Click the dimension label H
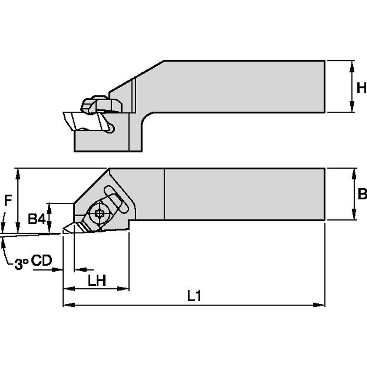click(361, 88)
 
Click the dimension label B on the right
click(362, 194)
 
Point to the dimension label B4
click(36, 219)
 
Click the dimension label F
click(7, 200)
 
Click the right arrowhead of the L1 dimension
click(321, 305)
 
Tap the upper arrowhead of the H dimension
click(352, 64)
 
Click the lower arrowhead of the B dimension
click(354, 217)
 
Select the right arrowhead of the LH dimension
click(126, 289)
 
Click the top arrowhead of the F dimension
click(18, 171)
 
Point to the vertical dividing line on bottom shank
click(164, 194)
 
